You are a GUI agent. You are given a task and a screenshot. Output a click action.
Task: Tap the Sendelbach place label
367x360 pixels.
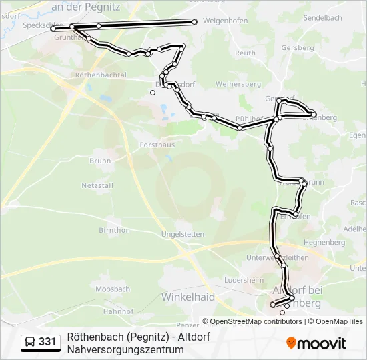pos(323,17)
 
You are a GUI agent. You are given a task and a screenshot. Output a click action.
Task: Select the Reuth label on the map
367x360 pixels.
pos(246,53)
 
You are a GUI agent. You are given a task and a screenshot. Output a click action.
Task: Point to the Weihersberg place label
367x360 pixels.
pos(238,85)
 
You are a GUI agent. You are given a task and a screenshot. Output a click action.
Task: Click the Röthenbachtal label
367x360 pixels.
pos(101,75)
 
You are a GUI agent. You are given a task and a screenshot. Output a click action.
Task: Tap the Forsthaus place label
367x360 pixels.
pos(139,143)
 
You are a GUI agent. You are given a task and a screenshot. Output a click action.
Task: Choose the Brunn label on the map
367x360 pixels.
pos(100,161)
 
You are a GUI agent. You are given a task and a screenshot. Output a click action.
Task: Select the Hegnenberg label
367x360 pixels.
pos(323,242)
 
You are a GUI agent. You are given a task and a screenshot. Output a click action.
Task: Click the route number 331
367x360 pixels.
pos(47,341)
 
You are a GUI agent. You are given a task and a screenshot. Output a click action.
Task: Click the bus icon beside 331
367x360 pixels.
pos(31,342)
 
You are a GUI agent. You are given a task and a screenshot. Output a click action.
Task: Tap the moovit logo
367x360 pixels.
pos(316,343)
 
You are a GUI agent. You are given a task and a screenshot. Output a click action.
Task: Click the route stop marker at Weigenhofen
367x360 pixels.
pos(194,22)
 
